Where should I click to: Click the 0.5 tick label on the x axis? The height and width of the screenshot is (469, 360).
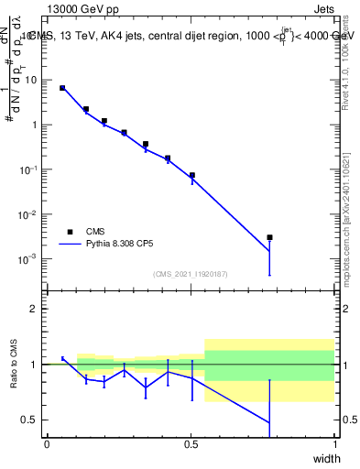pos(191,444)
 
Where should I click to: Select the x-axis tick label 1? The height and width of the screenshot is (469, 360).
pos(334,444)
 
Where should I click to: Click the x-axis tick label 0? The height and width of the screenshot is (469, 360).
pos(47,444)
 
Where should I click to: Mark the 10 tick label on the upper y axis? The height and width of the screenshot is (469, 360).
pos(31,80)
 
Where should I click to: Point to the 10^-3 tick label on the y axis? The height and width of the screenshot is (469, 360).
pos(28,259)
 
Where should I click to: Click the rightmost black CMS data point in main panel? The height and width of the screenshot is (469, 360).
pos(269,237)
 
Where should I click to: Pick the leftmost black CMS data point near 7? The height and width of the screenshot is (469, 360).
pos(62,88)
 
